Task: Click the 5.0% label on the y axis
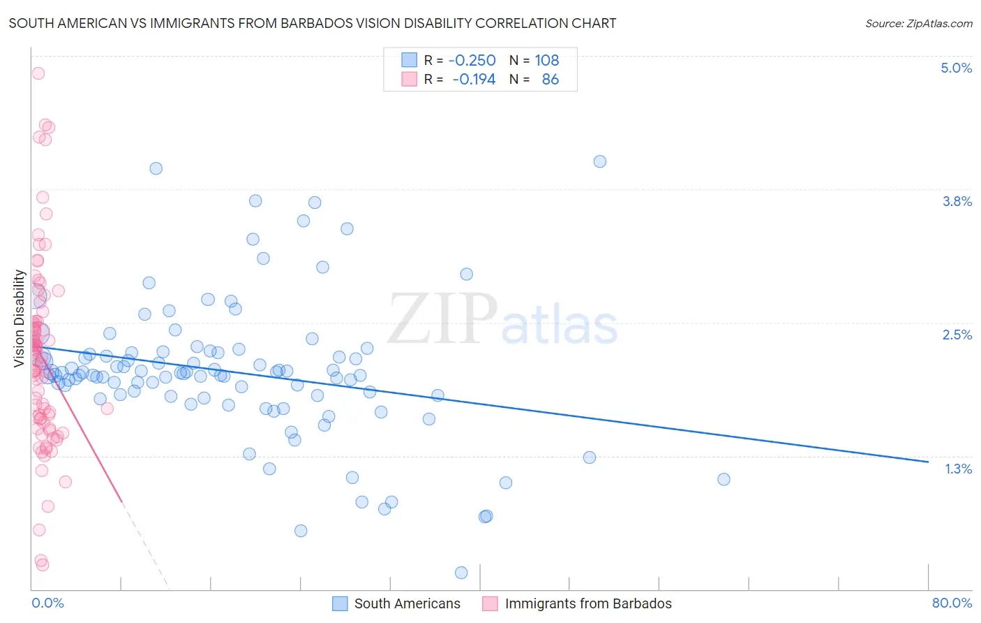tap(956, 68)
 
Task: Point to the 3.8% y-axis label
tap(957, 201)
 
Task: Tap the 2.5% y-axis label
tap(957, 335)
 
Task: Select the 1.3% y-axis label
tap(958, 469)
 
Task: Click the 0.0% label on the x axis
tap(47, 603)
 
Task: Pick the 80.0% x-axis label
tap(952, 603)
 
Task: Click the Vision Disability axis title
tap(20, 318)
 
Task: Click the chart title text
tap(313, 23)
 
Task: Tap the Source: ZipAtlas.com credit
tap(918, 23)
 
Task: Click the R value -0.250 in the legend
tap(472, 60)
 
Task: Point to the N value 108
tap(547, 60)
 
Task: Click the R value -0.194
tap(474, 79)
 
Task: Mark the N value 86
tap(550, 79)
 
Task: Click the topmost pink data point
tap(38, 73)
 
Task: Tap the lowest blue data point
tap(461, 573)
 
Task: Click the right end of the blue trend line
tap(928, 462)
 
